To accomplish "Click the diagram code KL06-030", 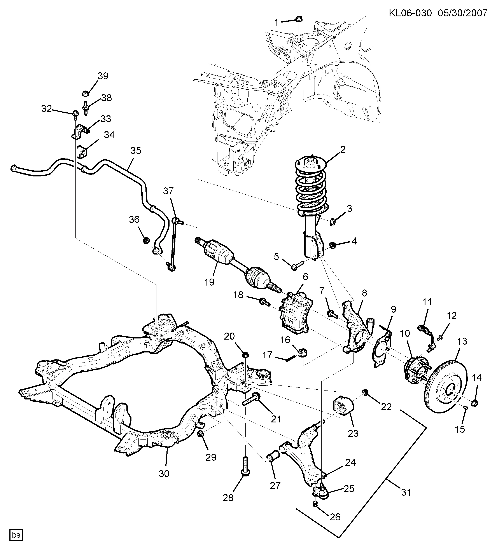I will point(410,13).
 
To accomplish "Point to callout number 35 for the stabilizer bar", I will point(136,150).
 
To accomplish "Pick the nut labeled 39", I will point(85,93).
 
